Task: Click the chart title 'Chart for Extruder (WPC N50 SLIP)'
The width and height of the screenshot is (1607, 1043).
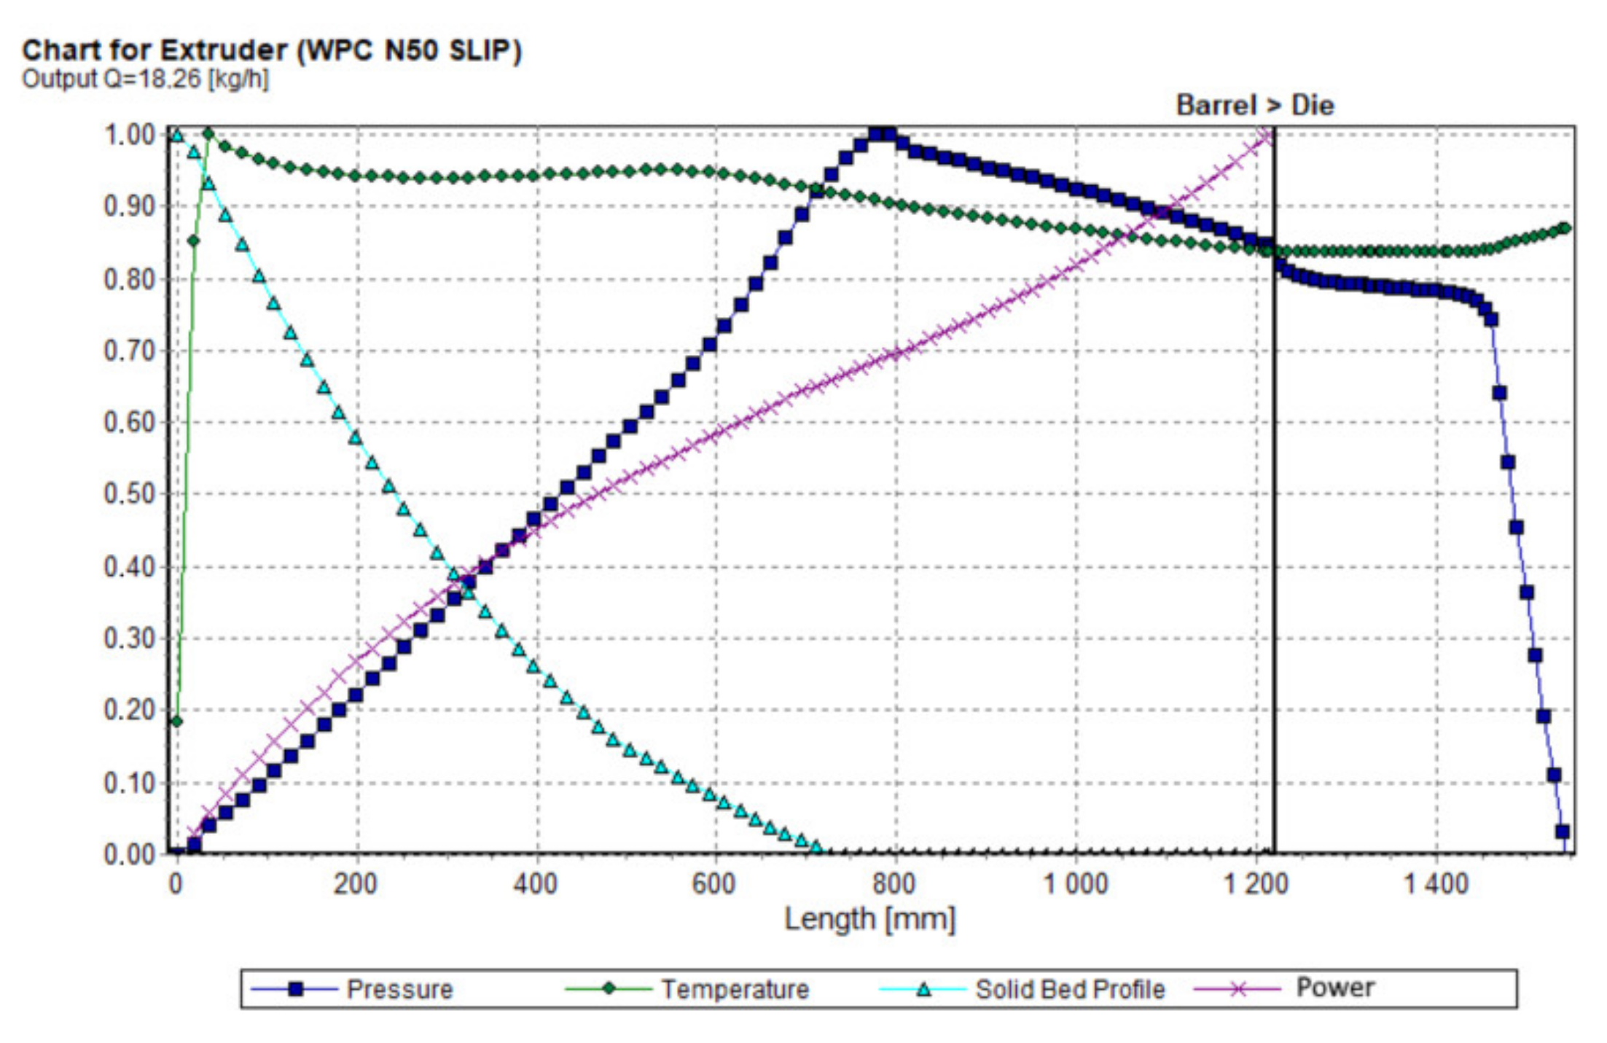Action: pos(271,51)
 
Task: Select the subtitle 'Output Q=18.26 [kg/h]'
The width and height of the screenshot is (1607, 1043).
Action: pos(145,79)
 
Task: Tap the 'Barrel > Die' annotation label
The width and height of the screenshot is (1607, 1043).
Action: pos(1254,106)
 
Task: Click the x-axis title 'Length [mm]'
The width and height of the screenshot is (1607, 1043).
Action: pos(869,919)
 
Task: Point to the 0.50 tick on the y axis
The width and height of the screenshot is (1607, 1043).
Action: pos(129,494)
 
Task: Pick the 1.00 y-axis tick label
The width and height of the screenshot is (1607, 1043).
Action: pos(129,135)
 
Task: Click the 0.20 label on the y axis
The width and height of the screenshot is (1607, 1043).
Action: pos(129,710)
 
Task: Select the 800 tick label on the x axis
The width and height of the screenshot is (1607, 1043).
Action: pos(894,884)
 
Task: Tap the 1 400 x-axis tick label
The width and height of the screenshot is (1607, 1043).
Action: pos(1436,884)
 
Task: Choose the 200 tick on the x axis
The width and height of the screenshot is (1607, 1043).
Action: pos(356,884)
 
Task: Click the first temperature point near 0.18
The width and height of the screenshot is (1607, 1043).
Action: pos(176,722)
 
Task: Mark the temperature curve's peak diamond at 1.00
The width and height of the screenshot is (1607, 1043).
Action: pos(208,133)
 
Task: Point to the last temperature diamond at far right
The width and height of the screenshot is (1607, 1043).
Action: pos(1565,228)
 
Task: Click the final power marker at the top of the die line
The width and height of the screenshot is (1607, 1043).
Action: pos(1270,136)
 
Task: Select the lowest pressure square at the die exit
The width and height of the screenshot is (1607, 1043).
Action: pos(1562,832)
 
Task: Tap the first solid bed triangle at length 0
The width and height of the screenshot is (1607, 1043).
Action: pos(176,135)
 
